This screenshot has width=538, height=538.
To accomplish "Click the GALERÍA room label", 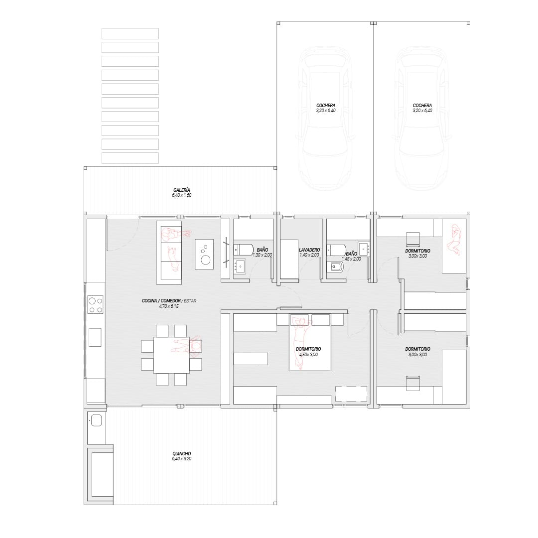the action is click(x=181, y=190).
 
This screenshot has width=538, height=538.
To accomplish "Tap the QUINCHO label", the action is click(x=182, y=454).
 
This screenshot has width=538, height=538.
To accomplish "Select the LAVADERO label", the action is click(x=309, y=250).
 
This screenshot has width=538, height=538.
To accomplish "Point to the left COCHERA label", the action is click(x=326, y=106).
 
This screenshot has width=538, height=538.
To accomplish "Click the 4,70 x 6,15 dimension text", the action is click(x=169, y=306).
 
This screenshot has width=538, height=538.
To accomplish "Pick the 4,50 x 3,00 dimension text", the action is click(x=308, y=355).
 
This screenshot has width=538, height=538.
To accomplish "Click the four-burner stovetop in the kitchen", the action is click(x=96, y=305).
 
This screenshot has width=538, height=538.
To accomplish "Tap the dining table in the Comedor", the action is click(x=171, y=355).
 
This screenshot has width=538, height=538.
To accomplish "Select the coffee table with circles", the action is click(x=204, y=254).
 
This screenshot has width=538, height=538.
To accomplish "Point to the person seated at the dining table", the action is click(x=188, y=346).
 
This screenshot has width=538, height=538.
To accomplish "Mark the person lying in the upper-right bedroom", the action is click(x=454, y=240).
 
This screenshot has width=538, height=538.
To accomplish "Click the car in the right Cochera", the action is click(x=422, y=119).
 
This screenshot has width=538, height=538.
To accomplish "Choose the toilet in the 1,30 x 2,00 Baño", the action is click(x=243, y=249).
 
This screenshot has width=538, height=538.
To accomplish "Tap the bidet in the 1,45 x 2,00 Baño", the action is click(x=334, y=267).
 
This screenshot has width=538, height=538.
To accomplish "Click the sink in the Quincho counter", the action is click(x=96, y=420).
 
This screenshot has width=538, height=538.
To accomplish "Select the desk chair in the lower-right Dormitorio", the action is click(x=413, y=384).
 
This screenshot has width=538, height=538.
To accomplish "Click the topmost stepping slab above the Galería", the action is click(x=130, y=34).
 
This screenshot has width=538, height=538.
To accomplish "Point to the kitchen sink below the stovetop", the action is click(x=95, y=337).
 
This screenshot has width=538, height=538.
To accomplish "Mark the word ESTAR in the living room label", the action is click(x=190, y=301).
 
